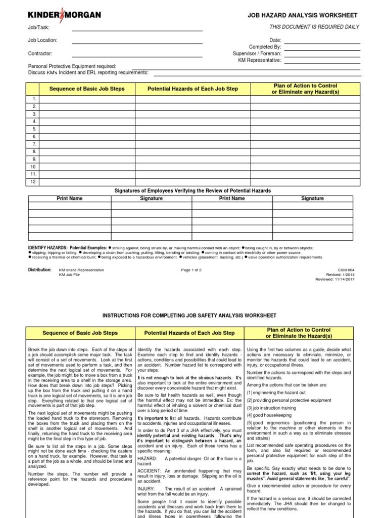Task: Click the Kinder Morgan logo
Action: (x=64, y=16)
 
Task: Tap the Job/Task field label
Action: (x=38, y=27)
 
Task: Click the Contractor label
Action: (x=40, y=53)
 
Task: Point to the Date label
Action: (x=275, y=40)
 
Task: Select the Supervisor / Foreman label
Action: (x=257, y=53)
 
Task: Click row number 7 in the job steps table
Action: (x=34, y=144)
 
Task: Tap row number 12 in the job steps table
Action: (x=34, y=182)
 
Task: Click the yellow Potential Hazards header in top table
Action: (x=192, y=89)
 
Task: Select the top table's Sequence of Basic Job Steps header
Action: (x=87, y=89)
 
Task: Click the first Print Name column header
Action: (x=69, y=199)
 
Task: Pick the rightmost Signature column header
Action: (x=312, y=199)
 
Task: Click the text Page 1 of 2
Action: (x=191, y=270)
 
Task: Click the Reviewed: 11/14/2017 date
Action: (x=336, y=279)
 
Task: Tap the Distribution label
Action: (x=40, y=270)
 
